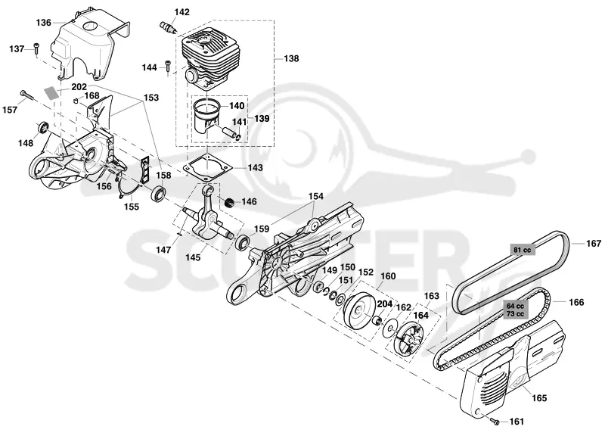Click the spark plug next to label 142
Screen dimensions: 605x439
coord(169,28)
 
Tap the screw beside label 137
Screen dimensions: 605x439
coord(36,48)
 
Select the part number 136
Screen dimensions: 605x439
coord(44,23)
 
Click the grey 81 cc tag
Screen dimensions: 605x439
coord(522,250)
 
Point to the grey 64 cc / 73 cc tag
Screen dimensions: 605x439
coord(516,310)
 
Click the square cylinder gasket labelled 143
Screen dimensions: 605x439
coord(207,167)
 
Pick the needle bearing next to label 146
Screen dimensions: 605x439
coord(230,201)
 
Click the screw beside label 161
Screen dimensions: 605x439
coord(495,421)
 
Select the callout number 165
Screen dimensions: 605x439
coord(539,397)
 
